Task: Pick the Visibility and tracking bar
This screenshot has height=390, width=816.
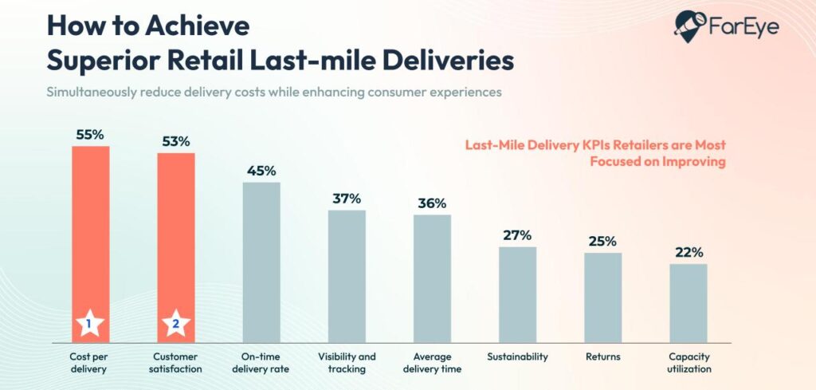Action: pyautogui.click(x=347, y=276)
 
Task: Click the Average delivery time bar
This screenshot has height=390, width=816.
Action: pyautogui.click(x=432, y=278)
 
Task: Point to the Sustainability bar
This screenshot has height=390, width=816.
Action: pyautogui.click(x=517, y=294)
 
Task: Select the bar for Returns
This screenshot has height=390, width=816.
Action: pyautogui.click(x=602, y=297)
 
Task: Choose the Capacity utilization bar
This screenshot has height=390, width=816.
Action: pyautogui.click(x=688, y=303)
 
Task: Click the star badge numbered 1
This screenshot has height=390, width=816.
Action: pyautogui.click(x=91, y=324)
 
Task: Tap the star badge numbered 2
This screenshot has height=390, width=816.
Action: pyautogui.click(x=176, y=324)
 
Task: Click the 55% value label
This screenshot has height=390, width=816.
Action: pyautogui.click(x=90, y=134)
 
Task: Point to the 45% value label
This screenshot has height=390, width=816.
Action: pyautogui.click(x=261, y=170)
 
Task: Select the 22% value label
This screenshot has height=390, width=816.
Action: pyautogui.click(x=688, y=252)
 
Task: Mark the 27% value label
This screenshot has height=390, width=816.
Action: pyautogui.click(x=517, y=235)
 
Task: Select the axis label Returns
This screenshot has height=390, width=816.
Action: pyautogui.click(x=602, y=357)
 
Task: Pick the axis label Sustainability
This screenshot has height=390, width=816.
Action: pyautogui.click(x=517, y=357)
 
